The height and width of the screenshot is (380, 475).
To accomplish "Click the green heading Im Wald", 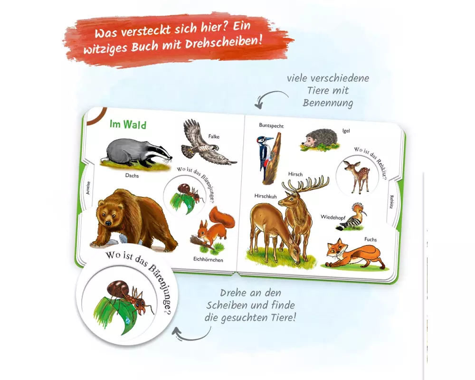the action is pos(128,124).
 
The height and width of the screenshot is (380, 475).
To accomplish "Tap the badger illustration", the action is pos(136,153).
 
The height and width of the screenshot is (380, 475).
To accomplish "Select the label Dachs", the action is pos(132,175).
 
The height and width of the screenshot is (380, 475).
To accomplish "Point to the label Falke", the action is pos(214,136).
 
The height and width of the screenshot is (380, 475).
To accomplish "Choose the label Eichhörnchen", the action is pos(208,260).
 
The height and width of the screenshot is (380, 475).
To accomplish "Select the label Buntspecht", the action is pos(271,125).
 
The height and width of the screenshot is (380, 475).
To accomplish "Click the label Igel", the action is pos(346,131).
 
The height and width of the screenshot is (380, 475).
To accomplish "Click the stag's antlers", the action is pos(305,183).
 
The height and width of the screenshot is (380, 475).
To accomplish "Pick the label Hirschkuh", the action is pos(266,196).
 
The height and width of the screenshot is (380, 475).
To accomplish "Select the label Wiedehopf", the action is pos(333,217).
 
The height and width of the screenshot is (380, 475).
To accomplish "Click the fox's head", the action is pos(335,248).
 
